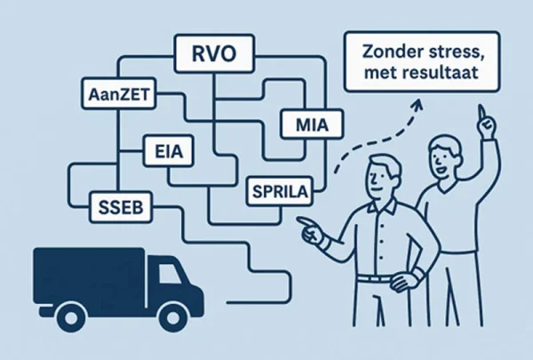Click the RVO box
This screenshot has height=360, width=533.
214,53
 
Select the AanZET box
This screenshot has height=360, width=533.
119,93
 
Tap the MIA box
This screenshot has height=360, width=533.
312,124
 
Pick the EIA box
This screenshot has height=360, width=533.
169,151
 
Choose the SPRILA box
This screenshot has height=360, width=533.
280,191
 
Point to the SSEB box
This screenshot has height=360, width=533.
121,207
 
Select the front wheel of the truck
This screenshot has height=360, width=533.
172,317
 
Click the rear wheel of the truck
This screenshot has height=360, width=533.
71,317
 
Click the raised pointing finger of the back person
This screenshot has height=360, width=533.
481,112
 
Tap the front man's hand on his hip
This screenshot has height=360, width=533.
404,279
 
